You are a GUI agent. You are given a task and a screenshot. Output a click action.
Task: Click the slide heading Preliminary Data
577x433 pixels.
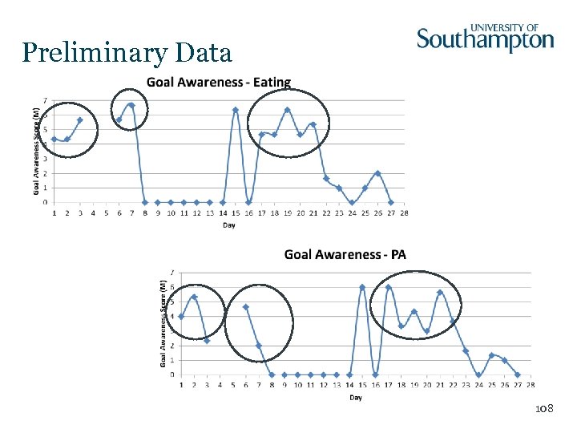[127, 53]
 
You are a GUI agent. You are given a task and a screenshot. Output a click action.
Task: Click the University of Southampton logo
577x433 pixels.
[485, 38]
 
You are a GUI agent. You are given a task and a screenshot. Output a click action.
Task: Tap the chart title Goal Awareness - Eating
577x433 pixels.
[218, 82]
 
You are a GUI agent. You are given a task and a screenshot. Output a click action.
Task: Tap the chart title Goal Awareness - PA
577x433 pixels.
[345, 254]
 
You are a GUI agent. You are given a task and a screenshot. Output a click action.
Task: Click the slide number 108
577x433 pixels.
[544, 409]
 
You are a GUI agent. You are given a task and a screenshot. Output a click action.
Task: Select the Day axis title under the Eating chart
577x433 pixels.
[229, 225]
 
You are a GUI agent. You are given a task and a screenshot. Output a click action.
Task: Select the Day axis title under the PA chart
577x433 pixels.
[355, 398]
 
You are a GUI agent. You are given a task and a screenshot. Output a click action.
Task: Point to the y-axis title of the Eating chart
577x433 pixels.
[36, 152]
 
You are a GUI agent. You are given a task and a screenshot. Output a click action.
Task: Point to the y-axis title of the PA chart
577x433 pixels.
[163, 324]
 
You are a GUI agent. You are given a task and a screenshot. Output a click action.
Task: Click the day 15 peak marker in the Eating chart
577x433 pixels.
[236, 110]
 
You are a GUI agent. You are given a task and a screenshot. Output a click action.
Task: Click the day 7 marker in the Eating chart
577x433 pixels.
[131, 105]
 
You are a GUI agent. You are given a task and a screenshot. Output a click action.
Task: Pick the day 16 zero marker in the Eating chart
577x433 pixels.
[248, 202]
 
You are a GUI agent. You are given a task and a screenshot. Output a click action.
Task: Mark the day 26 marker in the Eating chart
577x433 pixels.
[377, 173]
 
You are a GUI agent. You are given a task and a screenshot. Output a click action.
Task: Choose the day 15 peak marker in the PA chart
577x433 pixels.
[362, 287]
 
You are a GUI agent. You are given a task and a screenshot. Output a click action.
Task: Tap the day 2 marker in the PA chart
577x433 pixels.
[194, 297]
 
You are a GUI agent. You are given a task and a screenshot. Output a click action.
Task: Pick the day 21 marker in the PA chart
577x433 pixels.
[440, 292]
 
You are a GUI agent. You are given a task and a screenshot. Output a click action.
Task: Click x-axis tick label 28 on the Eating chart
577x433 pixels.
[404, 213]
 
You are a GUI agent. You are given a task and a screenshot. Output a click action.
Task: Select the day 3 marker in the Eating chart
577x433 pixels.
[80, 120]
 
